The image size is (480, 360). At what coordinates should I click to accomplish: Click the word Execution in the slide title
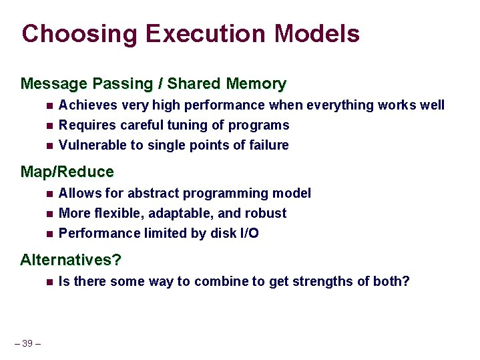194,33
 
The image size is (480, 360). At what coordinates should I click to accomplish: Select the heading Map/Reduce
67,172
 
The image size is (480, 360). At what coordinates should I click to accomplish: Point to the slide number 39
27,343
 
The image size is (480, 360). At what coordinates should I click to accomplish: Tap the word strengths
322,281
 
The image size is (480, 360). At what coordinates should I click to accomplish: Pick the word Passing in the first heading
119,83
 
